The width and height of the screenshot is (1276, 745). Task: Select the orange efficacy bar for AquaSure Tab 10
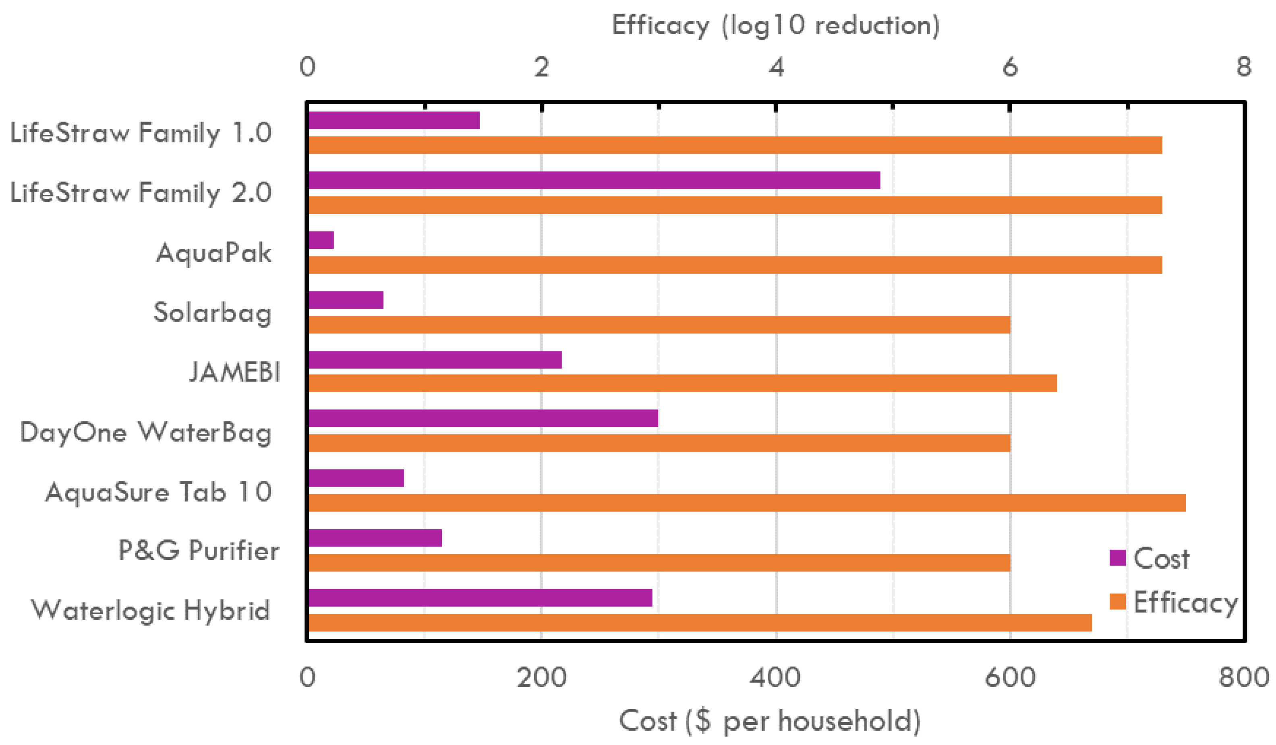coord(746,503)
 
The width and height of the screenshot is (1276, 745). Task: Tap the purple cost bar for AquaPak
coord(321,240)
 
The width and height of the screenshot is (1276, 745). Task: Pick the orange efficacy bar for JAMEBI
coord(682,383)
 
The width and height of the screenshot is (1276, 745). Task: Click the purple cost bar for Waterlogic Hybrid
coord(480,598)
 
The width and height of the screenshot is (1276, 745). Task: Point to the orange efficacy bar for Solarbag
coord(659,324)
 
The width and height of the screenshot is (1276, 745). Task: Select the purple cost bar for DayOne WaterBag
coord(483,418)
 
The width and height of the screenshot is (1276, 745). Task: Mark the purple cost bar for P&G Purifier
coord(375,538)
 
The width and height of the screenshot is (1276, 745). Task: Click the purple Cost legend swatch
coord(1117,558)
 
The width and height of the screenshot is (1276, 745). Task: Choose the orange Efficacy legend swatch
coord(1117,601)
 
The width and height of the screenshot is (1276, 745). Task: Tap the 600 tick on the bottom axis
coord(1010,677)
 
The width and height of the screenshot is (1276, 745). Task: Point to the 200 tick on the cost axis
coord(541,677)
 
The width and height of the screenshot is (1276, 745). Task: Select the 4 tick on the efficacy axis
coord(776,67)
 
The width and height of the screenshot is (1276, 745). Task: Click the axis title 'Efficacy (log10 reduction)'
coord(775,25)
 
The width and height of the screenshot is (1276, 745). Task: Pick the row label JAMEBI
coord(234,373)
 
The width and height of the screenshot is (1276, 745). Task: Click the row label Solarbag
coord(213,312)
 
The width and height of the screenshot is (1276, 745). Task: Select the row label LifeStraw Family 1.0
coord(141,133)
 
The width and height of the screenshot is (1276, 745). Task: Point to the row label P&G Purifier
coord(199,550)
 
